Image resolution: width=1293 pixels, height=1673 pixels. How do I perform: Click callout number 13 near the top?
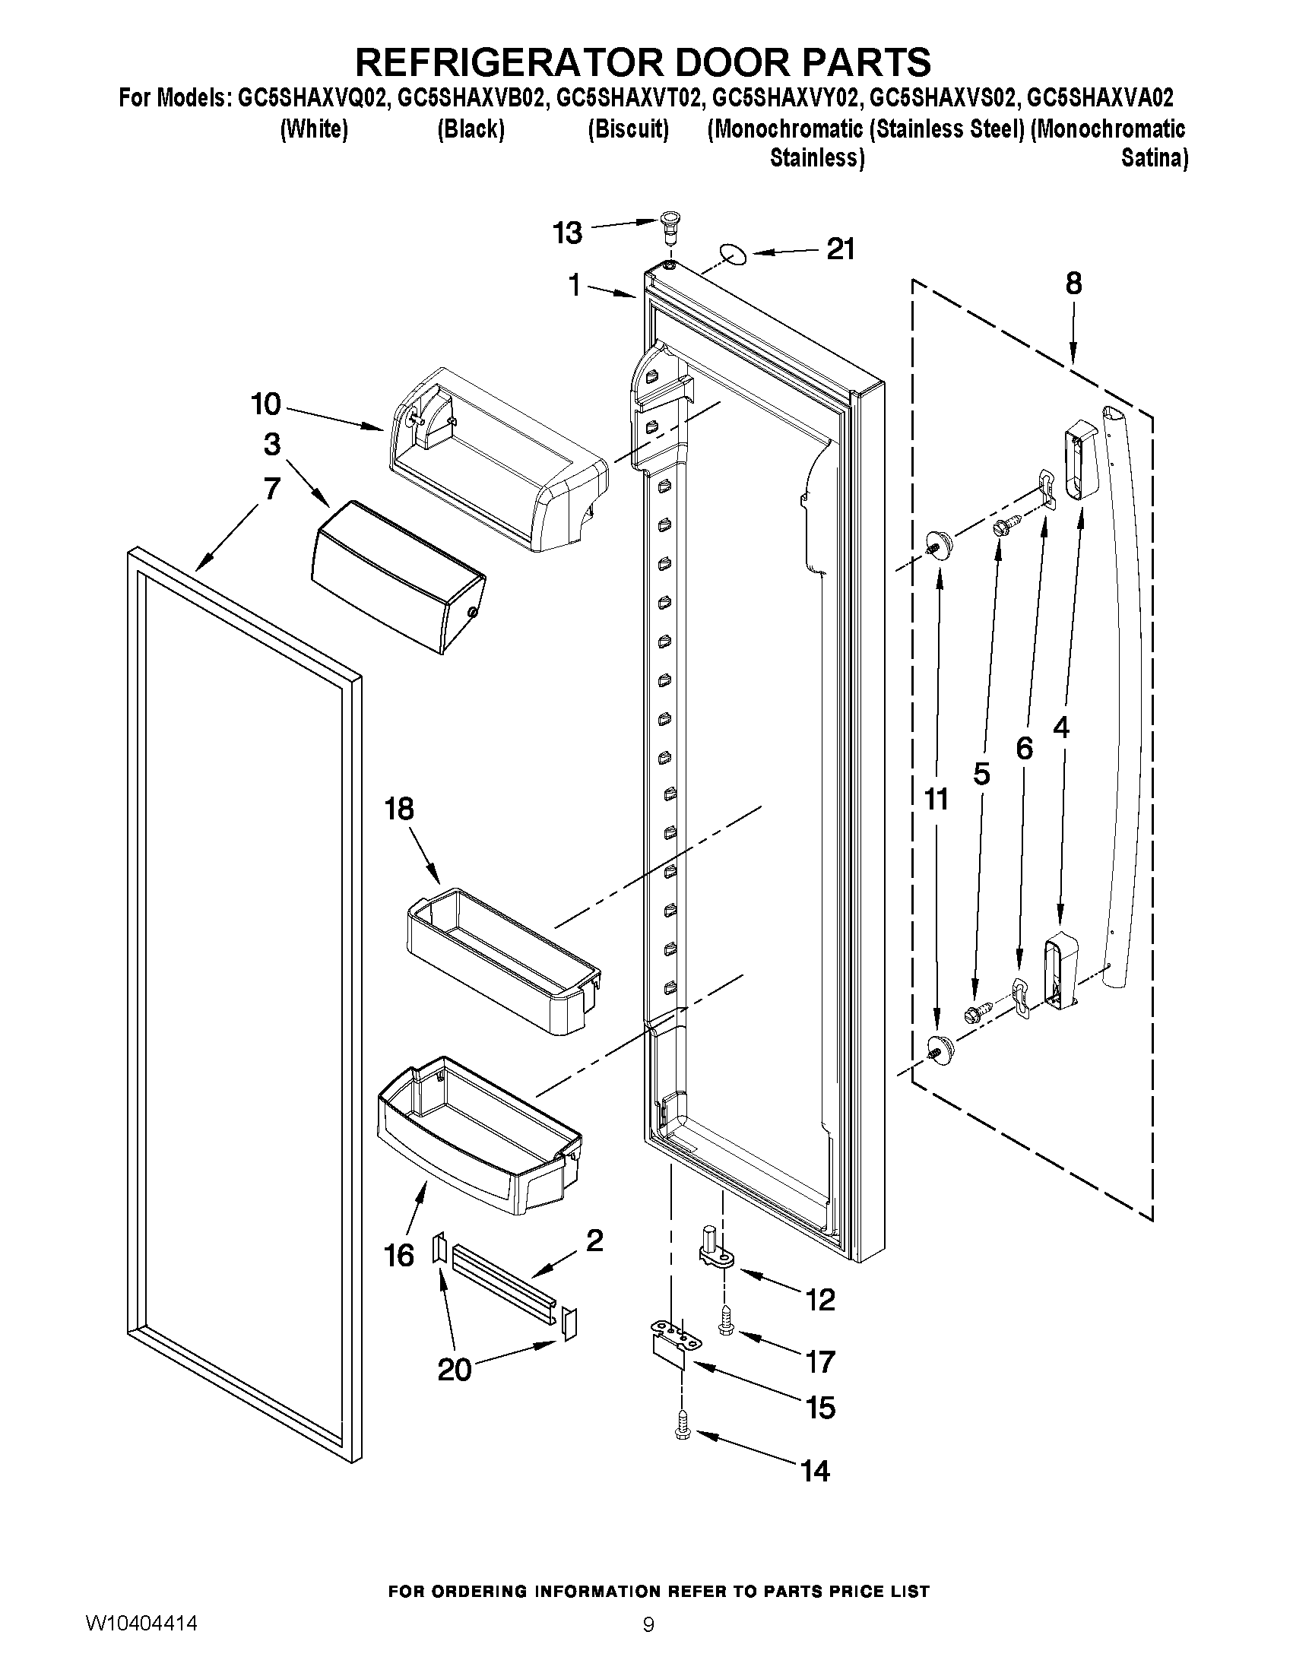point(568,233)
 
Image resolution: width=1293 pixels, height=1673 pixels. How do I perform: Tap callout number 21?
point(839,249)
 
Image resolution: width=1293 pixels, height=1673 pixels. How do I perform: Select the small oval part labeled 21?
point(733,254)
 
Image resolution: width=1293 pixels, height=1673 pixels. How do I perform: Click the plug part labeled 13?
point(671,225)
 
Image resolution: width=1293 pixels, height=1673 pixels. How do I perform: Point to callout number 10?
point(266,404)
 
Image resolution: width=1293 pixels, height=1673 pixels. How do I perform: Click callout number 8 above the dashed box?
point(1073,284)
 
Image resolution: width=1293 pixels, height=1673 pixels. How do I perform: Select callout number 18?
point(399,808)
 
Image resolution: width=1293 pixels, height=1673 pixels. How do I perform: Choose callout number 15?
point(820,1407)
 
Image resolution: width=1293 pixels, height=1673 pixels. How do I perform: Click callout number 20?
point(454,1369)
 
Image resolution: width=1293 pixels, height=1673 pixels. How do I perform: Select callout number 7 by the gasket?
point(271,488)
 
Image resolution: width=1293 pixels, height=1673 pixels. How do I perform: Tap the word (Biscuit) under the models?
point(628,129)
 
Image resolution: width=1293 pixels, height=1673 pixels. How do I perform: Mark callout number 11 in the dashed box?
point(936,799)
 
